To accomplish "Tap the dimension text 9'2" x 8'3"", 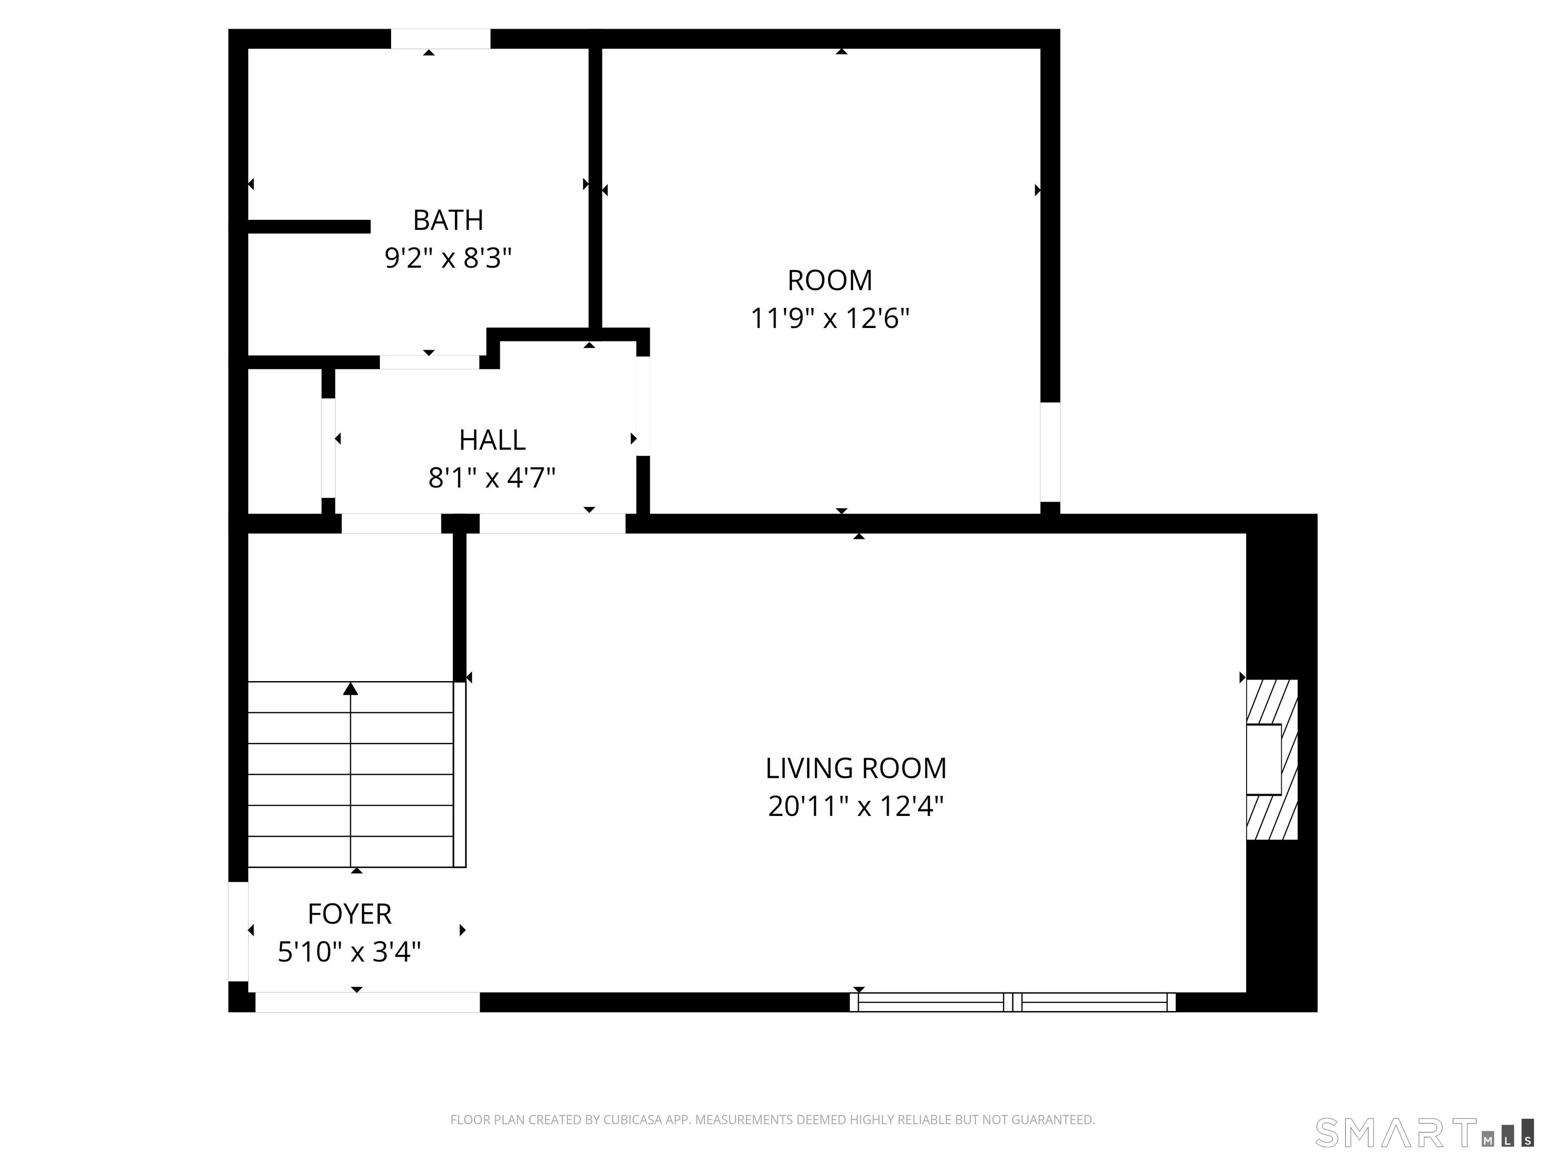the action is click(448, 259).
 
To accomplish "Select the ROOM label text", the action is click(829, 281).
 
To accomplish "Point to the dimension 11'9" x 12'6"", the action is click(829, 318).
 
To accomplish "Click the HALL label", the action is click(492, 440).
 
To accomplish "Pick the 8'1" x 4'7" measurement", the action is click(492, 478).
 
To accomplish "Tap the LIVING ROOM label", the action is click(856, 769).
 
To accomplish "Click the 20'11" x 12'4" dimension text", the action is click(856, 807).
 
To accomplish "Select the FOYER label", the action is click(349, 914).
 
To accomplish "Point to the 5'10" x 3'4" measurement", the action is click(349, 952).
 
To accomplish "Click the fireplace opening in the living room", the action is click(1264, 760).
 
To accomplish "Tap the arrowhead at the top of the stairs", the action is click(351, 689).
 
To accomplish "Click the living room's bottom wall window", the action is click(1013, 1003).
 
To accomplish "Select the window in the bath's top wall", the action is click(440, 39).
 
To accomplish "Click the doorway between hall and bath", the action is click(429, 362).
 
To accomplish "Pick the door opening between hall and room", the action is click(643, 406).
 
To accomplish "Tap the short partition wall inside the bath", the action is click(309, 226).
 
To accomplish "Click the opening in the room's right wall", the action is click(1050, 452).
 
